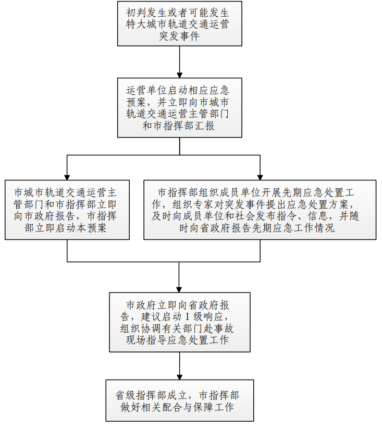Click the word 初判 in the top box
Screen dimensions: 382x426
click(x=137, y=13)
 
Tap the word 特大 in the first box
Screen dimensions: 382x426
click(x=137, y=24)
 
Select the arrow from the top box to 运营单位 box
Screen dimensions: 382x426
click(x=179, y=62)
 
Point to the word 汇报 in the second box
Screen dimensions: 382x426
click(x=204, y=126)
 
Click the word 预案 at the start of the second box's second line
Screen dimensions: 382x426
click(x=137, y=102)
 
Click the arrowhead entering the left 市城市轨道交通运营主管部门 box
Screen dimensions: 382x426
click(x=67, y=177)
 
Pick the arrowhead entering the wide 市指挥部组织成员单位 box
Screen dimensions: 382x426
click(x=260, y=177)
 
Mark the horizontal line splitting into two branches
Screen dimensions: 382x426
click(x=164, y=155)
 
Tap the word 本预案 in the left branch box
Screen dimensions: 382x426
click(x=91, y=228)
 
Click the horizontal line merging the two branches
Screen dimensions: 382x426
click(x=164, y=262)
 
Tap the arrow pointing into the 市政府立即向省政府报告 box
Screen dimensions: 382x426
click(x=179, y=277)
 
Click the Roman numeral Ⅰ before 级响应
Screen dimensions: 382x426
click(x=187, y=317)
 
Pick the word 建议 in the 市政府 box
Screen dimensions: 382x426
click(x=151, y=317)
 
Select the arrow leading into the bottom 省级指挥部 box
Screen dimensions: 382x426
click(x=179, y=366)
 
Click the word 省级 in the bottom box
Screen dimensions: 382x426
click(x=126, y=395)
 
